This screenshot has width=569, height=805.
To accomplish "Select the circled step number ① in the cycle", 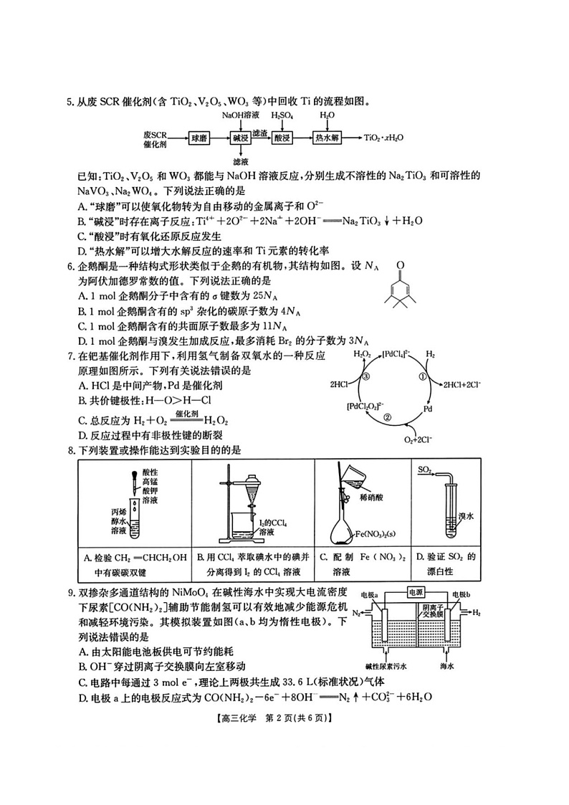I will (422, 377).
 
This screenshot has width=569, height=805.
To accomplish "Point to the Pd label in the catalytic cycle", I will (428, 409).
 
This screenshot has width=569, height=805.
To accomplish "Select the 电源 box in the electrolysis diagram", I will (416, 592).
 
